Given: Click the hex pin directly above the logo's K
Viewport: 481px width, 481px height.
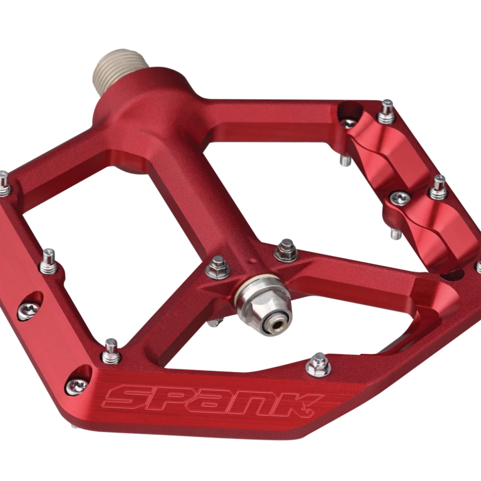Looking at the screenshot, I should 318,364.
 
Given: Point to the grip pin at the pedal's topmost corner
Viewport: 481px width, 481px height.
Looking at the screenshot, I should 386,111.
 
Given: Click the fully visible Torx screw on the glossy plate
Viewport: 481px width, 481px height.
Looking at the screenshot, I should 400,198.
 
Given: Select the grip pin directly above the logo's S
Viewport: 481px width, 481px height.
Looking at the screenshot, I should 110,351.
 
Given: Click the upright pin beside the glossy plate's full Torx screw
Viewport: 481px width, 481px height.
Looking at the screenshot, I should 438,187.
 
